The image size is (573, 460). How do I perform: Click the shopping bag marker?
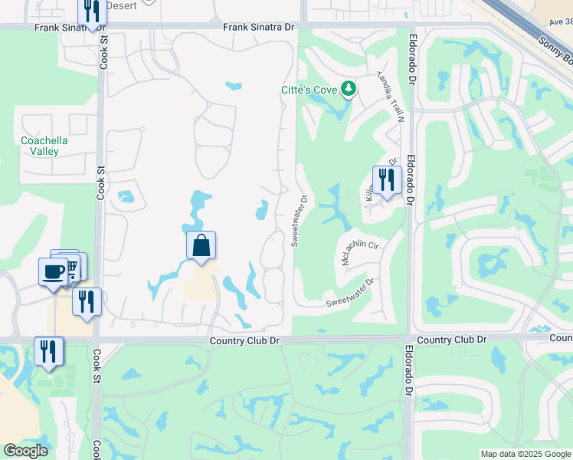tap(201, 246)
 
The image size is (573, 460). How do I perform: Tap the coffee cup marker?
tap(53, 271)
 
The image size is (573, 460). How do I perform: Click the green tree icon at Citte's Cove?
tap(349, 90)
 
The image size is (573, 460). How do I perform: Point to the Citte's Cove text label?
tap(310, 90)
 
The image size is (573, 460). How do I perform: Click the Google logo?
tap(25, 451)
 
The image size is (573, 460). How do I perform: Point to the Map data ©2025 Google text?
tap(525, 454)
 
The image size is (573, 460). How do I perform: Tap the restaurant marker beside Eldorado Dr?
tap(387, 180)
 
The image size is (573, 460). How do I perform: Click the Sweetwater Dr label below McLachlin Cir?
tap(349, 292)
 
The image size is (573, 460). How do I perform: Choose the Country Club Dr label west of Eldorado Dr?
tap(244, 340)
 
